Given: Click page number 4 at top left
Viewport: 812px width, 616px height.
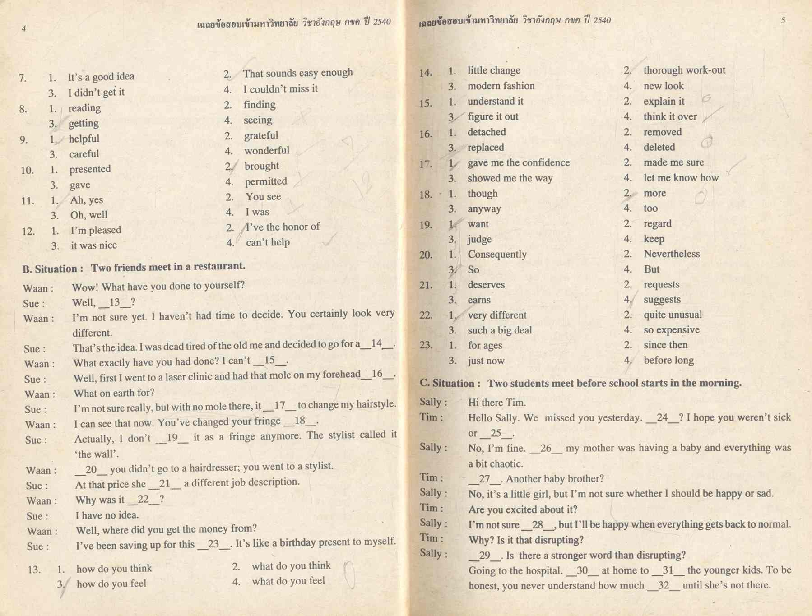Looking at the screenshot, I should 23,29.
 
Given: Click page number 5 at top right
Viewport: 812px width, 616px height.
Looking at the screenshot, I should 783,20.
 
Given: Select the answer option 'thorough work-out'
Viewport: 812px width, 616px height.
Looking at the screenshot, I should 684,70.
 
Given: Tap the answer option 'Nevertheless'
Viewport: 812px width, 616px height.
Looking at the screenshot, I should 671,254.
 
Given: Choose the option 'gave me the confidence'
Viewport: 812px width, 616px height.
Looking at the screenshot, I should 518,162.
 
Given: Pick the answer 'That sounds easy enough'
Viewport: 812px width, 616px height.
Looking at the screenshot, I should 297,73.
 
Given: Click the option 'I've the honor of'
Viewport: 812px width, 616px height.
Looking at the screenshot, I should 283,227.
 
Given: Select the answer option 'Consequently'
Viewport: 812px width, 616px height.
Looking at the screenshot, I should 496,254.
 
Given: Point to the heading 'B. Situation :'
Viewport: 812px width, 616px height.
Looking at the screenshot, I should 52,269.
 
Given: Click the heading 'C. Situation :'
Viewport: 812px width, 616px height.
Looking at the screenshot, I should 450,384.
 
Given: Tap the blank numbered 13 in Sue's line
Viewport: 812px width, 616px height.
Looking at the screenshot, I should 115,302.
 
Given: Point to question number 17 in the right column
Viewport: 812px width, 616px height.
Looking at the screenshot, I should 425,164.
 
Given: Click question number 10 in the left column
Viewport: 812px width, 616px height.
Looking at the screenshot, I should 27,170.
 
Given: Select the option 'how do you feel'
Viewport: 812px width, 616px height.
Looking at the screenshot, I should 111,584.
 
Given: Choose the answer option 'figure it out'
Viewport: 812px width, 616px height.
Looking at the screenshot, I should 492,116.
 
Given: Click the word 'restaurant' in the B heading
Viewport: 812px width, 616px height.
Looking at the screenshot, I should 219,266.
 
